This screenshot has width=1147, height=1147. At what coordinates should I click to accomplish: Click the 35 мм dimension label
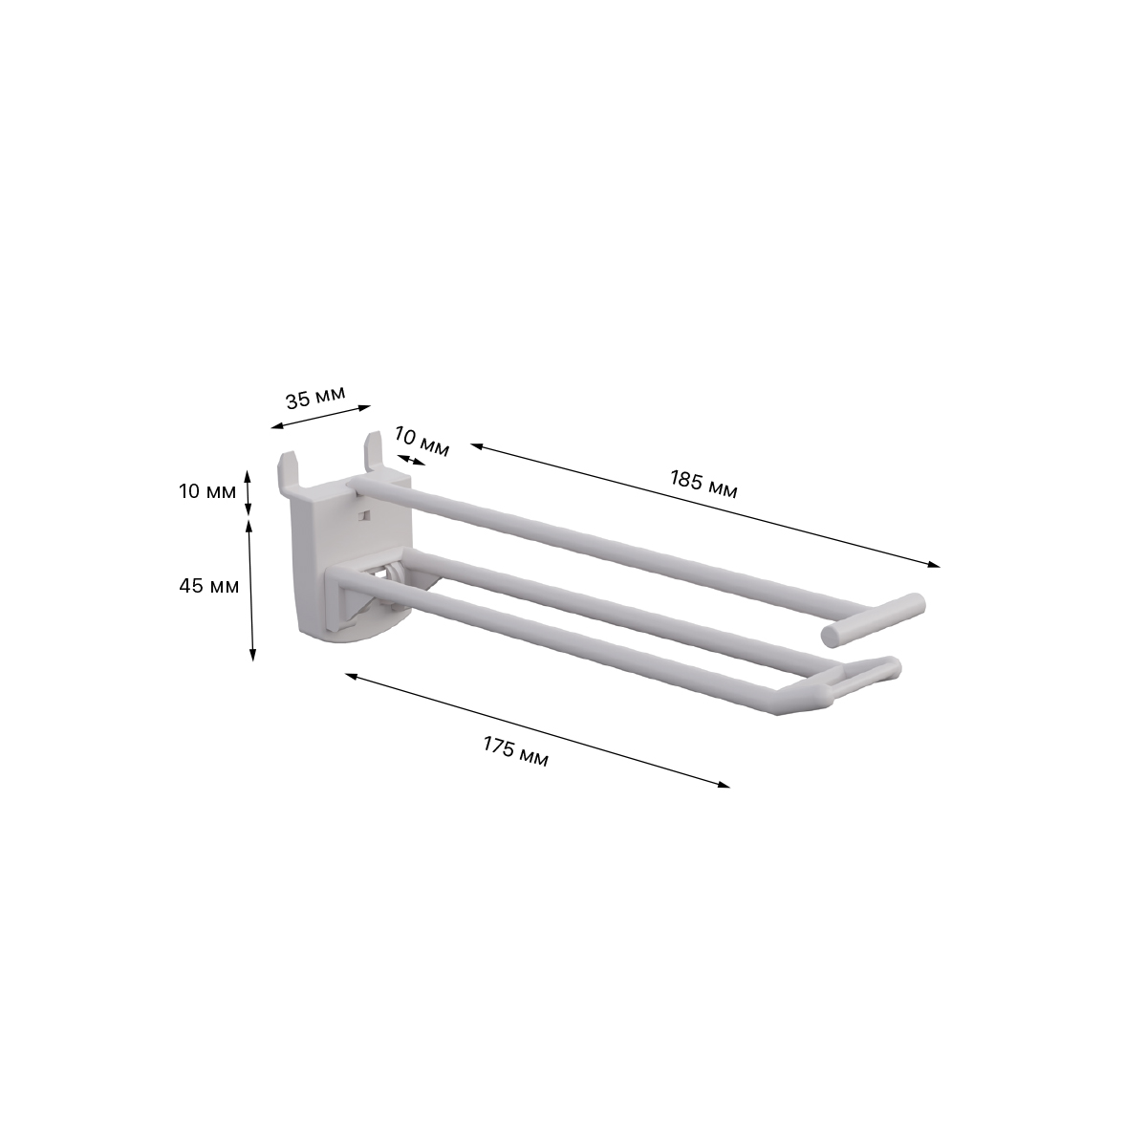[314, 398]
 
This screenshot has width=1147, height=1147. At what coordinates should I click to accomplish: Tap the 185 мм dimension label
[703, 484]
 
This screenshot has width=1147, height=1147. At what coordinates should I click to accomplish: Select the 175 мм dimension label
[515, 752]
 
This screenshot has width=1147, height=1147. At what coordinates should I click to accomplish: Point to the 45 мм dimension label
[209, 586]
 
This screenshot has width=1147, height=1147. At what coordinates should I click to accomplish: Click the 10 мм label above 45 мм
[207, 491]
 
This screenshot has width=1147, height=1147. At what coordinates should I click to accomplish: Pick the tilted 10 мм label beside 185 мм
[421, 442]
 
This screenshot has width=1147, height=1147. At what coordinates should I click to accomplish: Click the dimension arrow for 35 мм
[321, 417]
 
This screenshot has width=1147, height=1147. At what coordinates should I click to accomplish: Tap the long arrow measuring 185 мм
[705, 506]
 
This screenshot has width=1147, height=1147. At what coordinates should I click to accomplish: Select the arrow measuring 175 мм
[537, 730]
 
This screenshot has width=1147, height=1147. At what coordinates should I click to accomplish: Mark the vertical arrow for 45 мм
[250, 589]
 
